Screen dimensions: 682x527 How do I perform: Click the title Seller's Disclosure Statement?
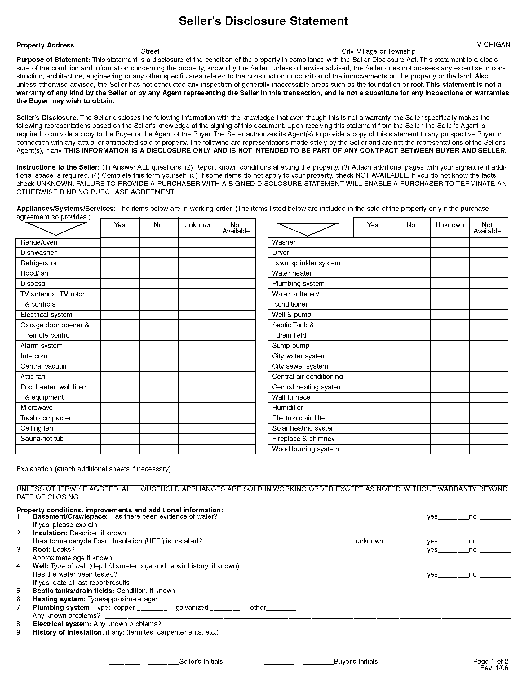(263, 21)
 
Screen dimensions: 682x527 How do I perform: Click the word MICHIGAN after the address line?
(493, 45)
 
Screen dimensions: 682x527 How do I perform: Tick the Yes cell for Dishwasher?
(120, 253)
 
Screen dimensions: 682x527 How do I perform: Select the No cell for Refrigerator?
(159, 263)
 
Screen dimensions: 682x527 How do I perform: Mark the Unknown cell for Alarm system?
(197, 346)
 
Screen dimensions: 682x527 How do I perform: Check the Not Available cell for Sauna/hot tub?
(236, 439)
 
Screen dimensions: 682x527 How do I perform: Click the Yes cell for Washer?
(372, 242)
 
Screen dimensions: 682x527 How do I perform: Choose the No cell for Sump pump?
(411, 346)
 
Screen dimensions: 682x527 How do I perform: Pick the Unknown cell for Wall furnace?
(449, 397)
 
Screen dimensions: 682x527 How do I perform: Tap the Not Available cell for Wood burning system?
(488, 449)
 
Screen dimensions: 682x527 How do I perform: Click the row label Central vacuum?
(44, 366)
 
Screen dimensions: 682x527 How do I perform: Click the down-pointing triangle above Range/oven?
(56, 228)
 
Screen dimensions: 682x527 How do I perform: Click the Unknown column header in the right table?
(449, 225)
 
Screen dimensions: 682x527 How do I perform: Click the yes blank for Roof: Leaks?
(453, 550)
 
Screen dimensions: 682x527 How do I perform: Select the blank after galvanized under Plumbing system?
(225, 608)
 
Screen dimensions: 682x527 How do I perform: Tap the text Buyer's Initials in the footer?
(356, 662)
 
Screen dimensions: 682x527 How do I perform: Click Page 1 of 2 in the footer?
(490, 661)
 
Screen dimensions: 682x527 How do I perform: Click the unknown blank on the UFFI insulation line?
(400, 542)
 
